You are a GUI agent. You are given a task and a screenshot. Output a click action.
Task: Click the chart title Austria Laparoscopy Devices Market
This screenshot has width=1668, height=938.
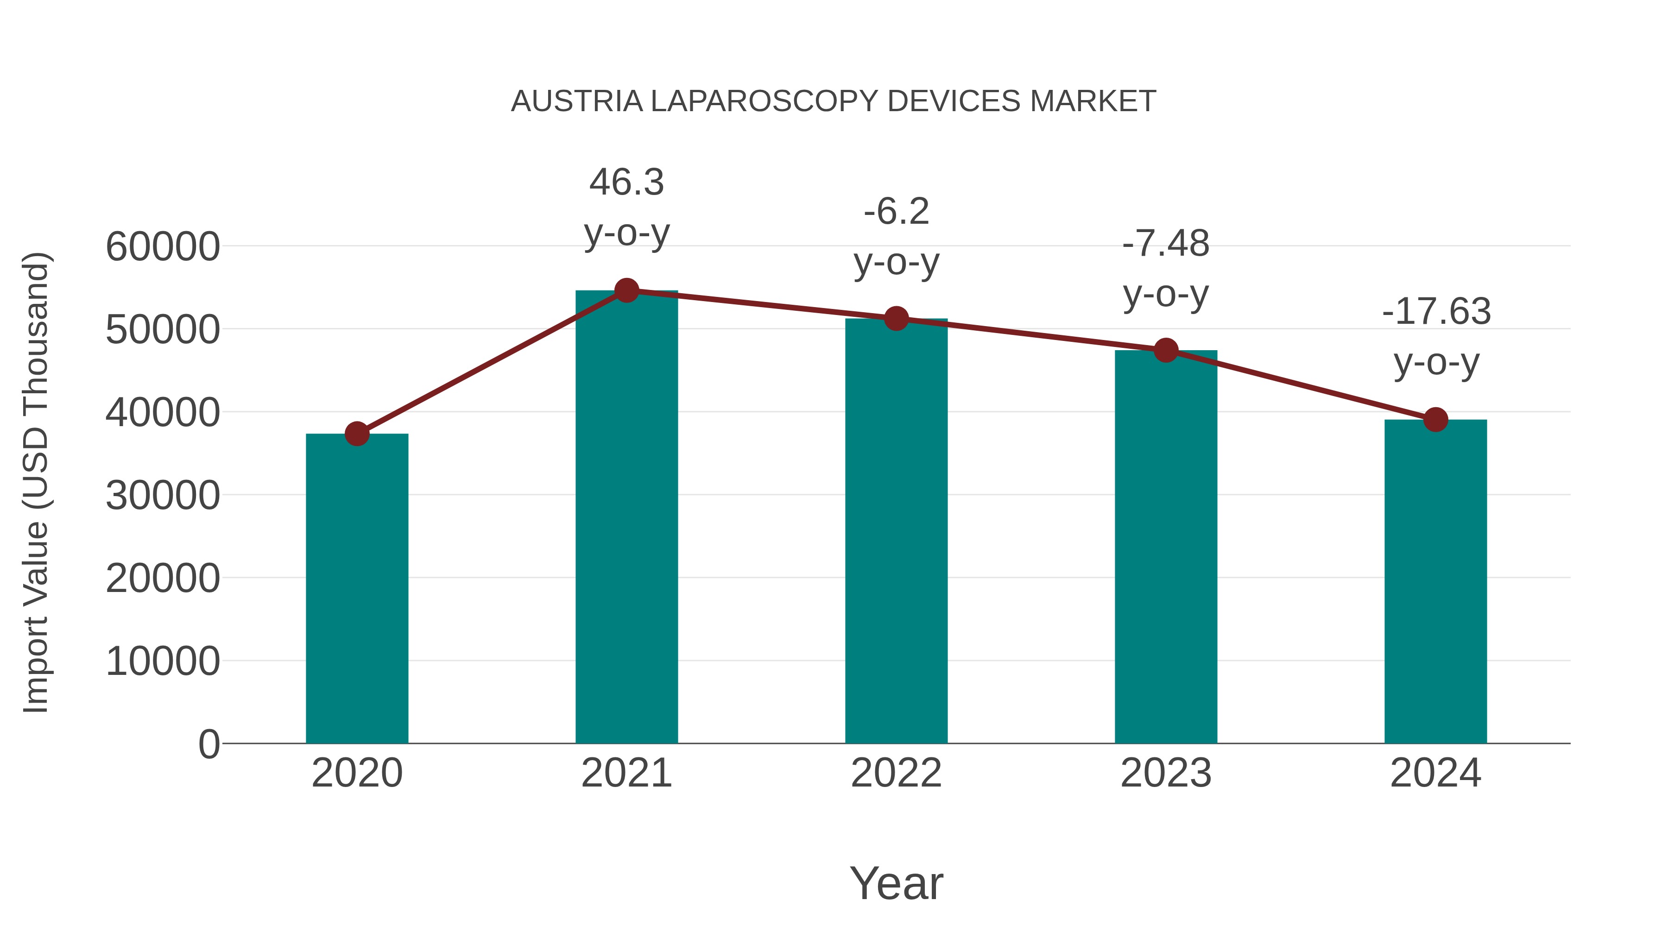pyautogui.click(x=834, y=101)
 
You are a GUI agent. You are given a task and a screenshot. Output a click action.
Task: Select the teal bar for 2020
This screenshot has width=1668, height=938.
pyautogui.click(x=357, y=589)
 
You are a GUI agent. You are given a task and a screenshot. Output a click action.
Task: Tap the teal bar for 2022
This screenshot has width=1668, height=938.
pyautogui.click(x=896, y=531)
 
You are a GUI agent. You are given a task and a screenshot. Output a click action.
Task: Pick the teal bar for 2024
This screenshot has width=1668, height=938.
pyautogui.click(x=1435, y=583)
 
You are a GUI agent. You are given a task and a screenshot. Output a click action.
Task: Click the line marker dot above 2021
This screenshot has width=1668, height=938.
pyautogui.click(x=626, y=290)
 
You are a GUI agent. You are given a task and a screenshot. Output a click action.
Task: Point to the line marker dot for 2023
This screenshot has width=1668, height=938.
pyautogui.click(x=1166, y=350)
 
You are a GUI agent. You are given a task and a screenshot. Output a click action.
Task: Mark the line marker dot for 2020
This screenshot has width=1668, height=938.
pyautogui.click(x=357, y=434)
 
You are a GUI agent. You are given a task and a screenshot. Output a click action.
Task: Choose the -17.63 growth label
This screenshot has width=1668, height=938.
pyautogui.click(x=1435, y=337)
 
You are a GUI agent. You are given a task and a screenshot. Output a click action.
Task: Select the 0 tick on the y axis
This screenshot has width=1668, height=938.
pyautogui.click(x=208, y=744)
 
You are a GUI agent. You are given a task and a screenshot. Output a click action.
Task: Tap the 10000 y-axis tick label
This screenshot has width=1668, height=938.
pyautogui.click(x=163, y=661)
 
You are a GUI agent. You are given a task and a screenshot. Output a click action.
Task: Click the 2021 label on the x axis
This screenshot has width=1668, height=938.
pyautogui.click(x=626, y=773)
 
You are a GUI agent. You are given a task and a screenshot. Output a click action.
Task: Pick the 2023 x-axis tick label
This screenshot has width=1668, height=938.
pyautogui.click(x=1166, y=773)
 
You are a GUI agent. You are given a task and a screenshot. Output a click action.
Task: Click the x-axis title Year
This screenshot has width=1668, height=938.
pyautogui.click(x=896, y=883)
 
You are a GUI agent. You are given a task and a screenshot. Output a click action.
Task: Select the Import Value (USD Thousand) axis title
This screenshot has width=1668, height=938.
pyautogui.click(x=36, y=482)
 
